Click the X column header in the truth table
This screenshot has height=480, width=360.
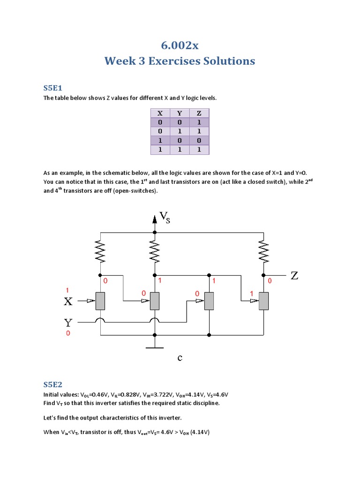pyautogui.click(x=160, y=113)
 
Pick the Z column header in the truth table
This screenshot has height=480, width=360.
pyautogui.click(x=199, y=113)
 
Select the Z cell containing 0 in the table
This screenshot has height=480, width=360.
pyautogui.click(x=199, y=141)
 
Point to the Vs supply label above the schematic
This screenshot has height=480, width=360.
pyautogui.click(x=165, y=217)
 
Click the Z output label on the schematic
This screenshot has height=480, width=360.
pyautogui.click(x=294, y=276)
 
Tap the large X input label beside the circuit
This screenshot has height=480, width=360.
pyautogui.click(x=68, y=302)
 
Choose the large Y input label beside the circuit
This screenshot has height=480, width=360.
pyautogui.click(x=68, y=322)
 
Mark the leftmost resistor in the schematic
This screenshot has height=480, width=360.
pyautogui.click(x=100, y=253)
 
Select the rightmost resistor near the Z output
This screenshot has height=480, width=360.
pyautogui.click(x=264, y=253)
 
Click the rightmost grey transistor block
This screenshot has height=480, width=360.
pyautogui.click(x=264, y=301)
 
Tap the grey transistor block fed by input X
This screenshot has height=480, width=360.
pyautogui.click(x=100, y=301)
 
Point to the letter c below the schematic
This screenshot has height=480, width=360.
pyautogui.click(x=180, y=359)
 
